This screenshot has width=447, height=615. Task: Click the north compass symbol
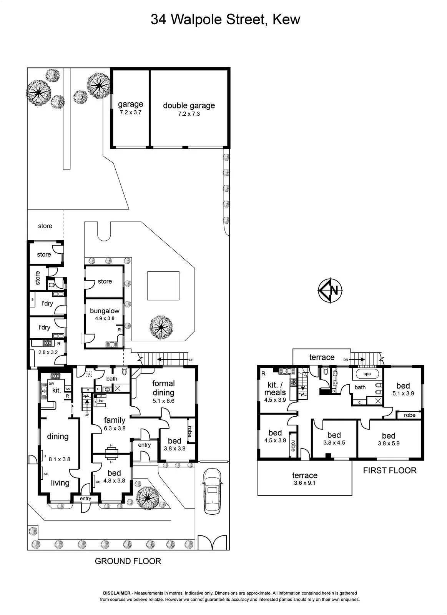tap(330, 290)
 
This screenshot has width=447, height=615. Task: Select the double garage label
tap(189, 106)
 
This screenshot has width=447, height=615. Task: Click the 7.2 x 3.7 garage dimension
tap(130, 112)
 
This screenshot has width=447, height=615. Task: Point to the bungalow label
tap(105, 311)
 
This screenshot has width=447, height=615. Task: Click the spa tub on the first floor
tap(367, 374)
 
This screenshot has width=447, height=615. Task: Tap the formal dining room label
tap(163, 388)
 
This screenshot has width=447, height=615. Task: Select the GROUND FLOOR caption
tap(128, 561)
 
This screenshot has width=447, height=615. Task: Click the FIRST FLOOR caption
tap(390, 470)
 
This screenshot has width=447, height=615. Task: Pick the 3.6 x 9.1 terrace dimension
tap(304, 483)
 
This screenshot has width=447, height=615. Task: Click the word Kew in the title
tap(286, 20)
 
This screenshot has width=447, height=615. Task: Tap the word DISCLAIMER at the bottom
tap(117, 593)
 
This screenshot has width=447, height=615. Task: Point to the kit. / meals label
tap(275, 389)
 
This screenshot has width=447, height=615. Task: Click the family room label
tap(115, 420)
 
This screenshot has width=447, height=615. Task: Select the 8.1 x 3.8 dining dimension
tap(59, 459)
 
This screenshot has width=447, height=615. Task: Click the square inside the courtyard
tap(163, 286)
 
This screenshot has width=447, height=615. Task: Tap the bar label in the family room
tap(101, 401)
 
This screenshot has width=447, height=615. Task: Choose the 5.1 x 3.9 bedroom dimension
tap(403, 393)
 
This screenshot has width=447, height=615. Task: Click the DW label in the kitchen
tap(52, 384)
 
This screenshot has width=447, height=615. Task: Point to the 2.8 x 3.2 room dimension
tap(48, 352)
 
